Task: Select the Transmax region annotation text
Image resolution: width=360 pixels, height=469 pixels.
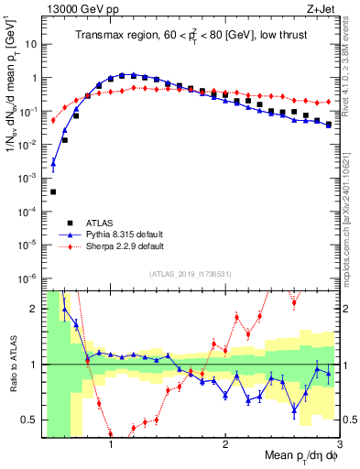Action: click(190, 36)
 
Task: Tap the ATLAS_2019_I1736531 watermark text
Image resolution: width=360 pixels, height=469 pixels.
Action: click(190, 274)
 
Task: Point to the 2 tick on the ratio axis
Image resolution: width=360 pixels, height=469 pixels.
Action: click(35, 308)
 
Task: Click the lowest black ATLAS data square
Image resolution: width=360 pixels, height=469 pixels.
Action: click(53, 191)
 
